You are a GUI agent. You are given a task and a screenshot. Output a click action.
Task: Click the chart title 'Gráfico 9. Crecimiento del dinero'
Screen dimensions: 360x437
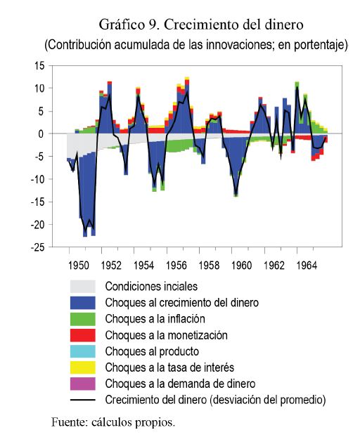[x=201, y=25]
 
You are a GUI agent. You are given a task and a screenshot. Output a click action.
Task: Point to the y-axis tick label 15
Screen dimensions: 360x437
[x=39, y=66]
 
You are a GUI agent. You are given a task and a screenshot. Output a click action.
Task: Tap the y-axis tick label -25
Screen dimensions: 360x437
[x=38, y=247]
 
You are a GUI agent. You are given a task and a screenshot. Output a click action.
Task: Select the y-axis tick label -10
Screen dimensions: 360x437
[x=38, y=179]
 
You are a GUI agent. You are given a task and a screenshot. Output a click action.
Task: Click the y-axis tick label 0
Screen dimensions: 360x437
[x=41, y=134]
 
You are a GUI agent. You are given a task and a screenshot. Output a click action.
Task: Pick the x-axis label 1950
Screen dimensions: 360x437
[x=78, y=266]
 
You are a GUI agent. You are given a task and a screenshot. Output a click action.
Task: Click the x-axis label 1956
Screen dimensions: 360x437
[x=176, y=266]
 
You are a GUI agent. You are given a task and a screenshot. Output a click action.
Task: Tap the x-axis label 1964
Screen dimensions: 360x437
[x=307, y=266]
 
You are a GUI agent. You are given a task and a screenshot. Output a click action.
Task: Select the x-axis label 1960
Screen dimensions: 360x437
[x=241, y=266]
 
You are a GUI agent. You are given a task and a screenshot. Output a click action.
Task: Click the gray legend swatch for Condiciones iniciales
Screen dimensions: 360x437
[x=82, y=287]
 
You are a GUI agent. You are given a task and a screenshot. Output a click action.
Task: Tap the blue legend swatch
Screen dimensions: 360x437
[x=82, y=303]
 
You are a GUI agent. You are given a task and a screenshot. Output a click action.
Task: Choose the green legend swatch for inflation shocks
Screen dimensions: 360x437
[x=82, y=319]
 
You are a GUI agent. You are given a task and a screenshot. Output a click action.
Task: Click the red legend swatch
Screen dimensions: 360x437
[x=82, y=335]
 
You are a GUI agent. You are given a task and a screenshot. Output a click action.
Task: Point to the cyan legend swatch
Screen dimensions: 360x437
[x=82, y=351]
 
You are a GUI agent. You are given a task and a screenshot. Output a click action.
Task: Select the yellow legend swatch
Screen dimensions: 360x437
[x=82, y=367]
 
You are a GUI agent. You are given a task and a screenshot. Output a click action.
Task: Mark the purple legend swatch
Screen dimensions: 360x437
[x=82, y=384]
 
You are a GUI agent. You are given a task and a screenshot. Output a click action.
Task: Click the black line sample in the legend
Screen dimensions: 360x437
[x=82, y=400]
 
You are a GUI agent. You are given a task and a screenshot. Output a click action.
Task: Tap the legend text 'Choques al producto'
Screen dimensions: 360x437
[x=152, y=351]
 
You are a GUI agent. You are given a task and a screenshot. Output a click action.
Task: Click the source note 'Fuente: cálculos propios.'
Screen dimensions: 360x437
[x=113, y=422]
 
